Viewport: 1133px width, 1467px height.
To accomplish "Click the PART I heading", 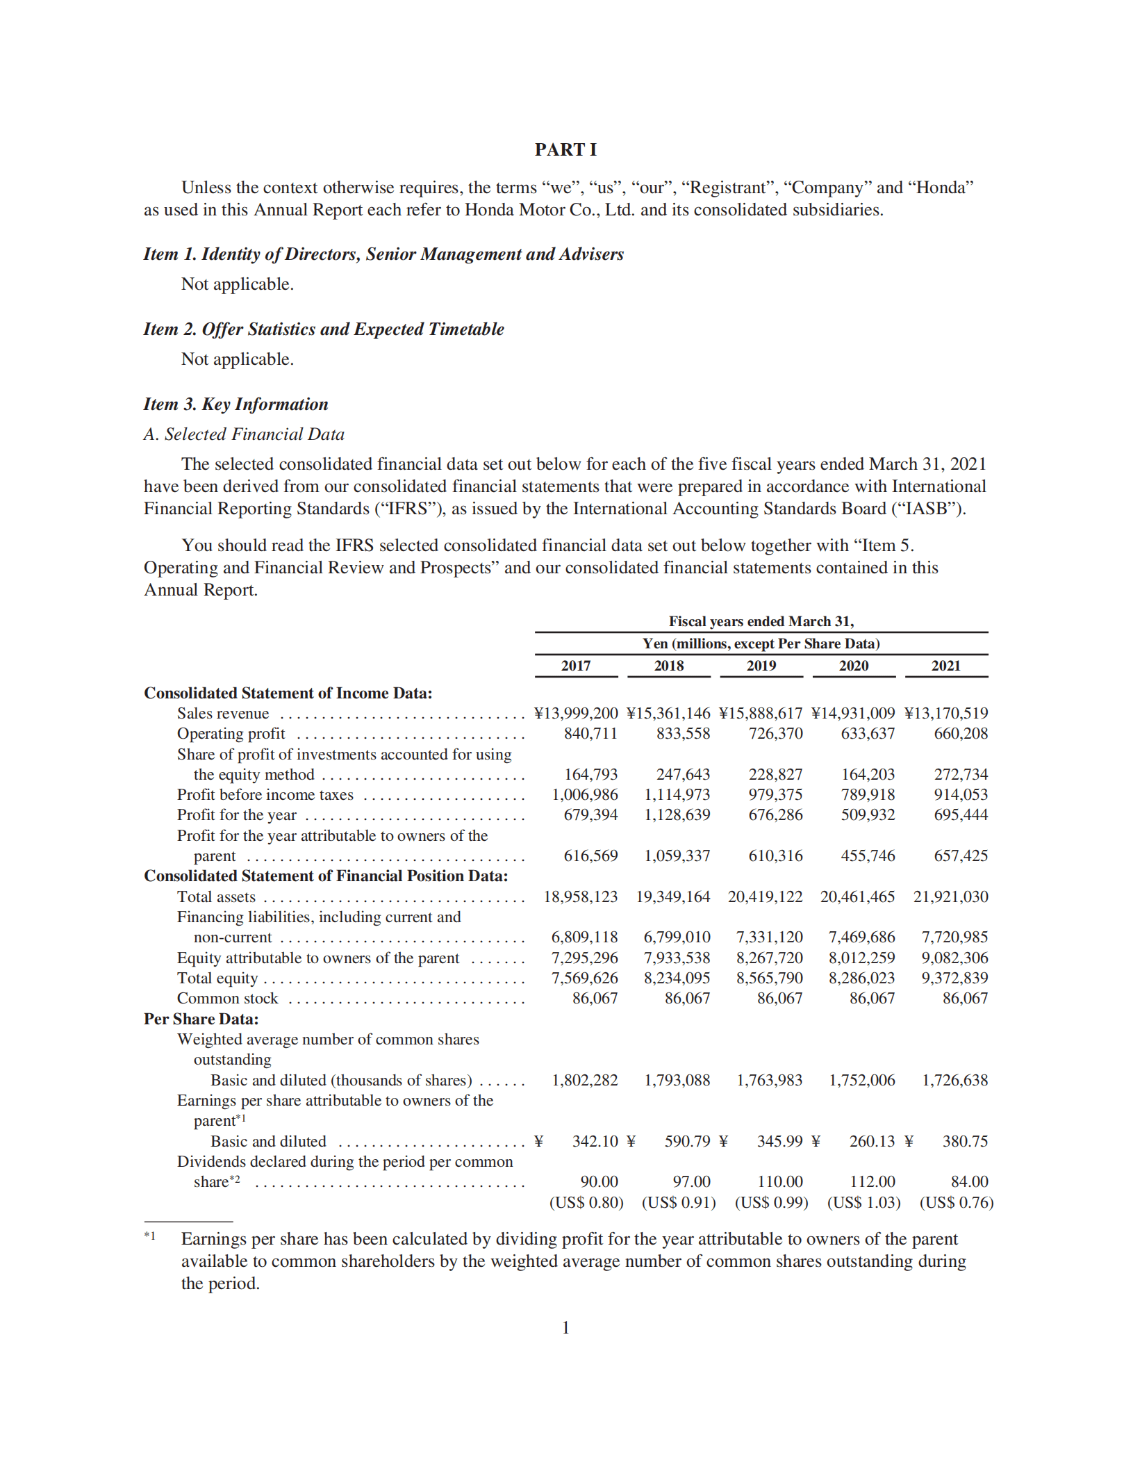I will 565,149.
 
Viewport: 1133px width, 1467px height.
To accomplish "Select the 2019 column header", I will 761,666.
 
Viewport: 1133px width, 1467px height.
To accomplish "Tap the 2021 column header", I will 945,666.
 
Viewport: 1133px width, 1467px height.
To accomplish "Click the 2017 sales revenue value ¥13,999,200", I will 576,713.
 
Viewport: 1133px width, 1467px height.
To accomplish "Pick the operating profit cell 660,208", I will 960,733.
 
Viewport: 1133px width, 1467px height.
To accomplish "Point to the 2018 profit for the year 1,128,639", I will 677,814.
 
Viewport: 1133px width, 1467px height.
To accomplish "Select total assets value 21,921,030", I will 950,896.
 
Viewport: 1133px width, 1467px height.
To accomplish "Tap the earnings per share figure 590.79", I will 687,1141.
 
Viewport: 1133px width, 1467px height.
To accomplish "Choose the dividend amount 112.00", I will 873,1181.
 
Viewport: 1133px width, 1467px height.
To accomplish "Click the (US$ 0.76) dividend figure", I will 956,1202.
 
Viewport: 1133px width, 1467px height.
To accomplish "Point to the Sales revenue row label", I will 223,713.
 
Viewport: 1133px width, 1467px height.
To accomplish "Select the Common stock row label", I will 227,999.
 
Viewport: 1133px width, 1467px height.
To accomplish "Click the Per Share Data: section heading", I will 201,1019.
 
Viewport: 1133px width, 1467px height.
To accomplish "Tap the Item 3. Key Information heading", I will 235,404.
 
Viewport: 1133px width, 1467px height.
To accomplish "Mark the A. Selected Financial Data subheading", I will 244,434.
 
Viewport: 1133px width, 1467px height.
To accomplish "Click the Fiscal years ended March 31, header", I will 761,621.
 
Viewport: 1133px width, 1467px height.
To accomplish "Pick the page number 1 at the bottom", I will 565,1327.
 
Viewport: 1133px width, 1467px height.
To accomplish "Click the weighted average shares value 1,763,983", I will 769,1080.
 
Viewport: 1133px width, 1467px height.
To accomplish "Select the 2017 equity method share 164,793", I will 590,774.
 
